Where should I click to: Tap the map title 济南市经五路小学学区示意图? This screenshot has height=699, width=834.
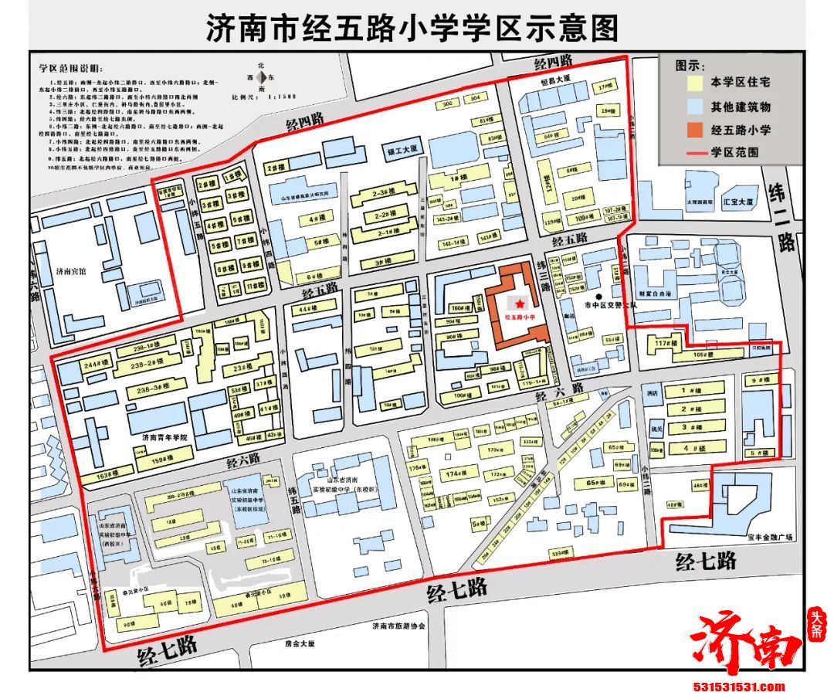[x=412, y=28]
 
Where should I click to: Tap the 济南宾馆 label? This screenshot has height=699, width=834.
[x=73, y=272]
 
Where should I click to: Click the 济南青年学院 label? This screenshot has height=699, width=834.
[x=164, y=438]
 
